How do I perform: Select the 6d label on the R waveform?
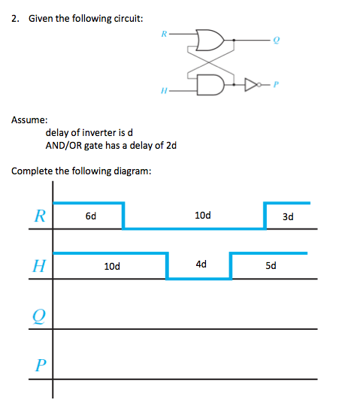tap(90, 216)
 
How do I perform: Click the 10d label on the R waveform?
tap(202, 216)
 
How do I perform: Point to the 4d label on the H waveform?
tap(200, 264)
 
